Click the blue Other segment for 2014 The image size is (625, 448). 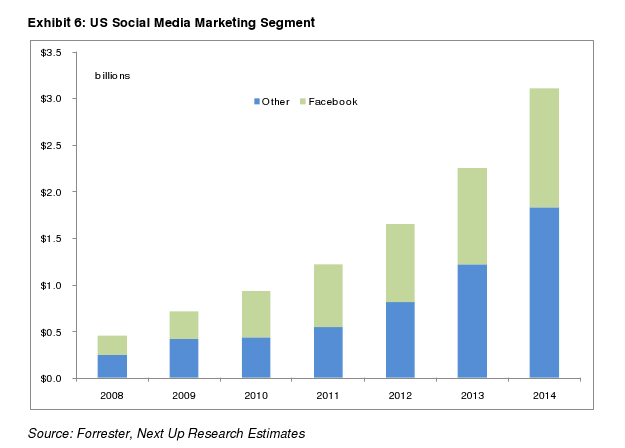pyautogui.click(x=544, y=292)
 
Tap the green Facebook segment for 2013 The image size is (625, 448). pyautogui.click(x=472, y=216)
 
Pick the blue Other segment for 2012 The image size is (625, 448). pyautogui.click(x=400, y=340)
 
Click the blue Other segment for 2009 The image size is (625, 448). pyautogui.click(x=184, y=358)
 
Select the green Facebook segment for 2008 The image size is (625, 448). pyautogui.click(x=112, y=345)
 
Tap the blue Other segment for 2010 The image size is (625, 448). pyautogui.click(x=256, y=357)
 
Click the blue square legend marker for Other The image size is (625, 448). pyautogui.click(x=257, y=102)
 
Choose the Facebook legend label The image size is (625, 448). pyautogui.click(x=333, y=102)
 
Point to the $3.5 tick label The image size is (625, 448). pyautogui.click(x=51, y=52)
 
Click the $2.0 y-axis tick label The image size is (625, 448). pyautogui.click(x=51, y=192)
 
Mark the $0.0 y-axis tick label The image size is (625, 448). pyautogui.click(x=51, y=378)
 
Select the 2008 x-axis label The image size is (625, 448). pyautogui.click(x=112, y=395)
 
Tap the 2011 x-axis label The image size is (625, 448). pyautogui.click(x=328, y=395)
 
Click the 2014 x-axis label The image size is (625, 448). pyautogui.click(x=544, y=395)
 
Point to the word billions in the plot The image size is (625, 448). pyautogui.click(x=113, y=76)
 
